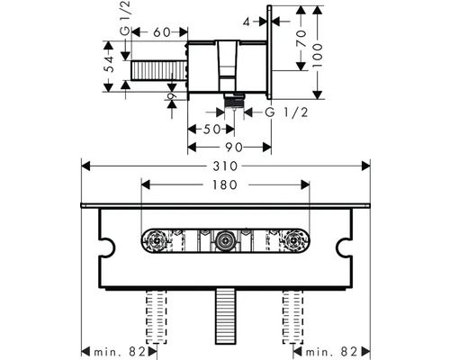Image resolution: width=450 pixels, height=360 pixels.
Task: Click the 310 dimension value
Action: click(225, 166)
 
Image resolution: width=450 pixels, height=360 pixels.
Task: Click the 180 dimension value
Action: click(225, 184)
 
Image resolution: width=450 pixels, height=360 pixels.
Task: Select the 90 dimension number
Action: click(234, 148)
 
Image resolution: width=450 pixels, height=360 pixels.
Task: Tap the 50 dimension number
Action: click(211, 130)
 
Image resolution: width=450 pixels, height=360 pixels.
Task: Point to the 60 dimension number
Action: click(162, 32)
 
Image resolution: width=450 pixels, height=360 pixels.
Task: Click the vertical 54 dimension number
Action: click(110, 64)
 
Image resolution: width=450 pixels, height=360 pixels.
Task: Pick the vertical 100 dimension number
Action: click(317, 56)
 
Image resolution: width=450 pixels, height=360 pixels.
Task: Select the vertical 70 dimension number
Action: click(301, 39)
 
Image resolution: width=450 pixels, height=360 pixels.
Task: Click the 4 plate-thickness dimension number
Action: click(247, 22)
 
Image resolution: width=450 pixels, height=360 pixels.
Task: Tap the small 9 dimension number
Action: click(172, 96)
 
